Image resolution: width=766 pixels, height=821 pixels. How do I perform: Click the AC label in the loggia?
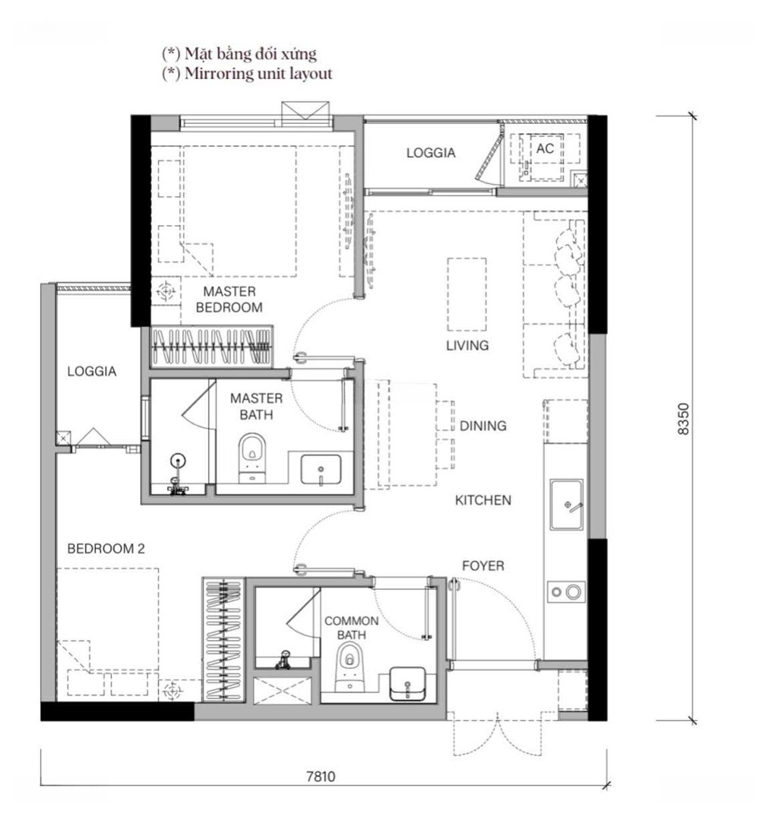(x=545, y=149)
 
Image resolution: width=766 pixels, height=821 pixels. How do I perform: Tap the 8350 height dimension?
(x=683, y=419)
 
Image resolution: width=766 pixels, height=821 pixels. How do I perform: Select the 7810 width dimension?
(x=321, y=776)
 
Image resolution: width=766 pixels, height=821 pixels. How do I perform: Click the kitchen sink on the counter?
(x=566, y=504)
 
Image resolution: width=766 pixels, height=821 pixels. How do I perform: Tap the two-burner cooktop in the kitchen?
(x=566, y=592)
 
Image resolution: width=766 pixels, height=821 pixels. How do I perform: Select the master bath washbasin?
(x=321, y=469)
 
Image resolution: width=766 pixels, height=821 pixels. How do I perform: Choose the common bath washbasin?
(x=407, y=684)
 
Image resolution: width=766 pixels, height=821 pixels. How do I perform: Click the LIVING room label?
(x=467, y=346)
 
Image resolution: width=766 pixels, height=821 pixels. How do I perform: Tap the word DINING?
(x=483, y=426)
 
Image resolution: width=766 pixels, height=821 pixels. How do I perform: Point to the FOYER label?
(x=483, y=566)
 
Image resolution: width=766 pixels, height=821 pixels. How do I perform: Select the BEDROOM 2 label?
(x=106, y=549)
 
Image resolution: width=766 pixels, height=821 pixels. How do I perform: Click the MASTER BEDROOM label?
(x=229, y=300)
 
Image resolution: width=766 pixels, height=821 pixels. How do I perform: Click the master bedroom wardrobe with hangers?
(x=211, y=346)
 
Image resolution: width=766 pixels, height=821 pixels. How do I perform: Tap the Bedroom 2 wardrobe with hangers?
(x=223, y=639)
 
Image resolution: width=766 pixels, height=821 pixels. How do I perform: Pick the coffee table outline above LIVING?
(x=467, y=294)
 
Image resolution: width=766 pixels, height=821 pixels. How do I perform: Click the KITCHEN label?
(x=483, y=500)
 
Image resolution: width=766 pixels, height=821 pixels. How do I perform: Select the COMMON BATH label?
(x=351, y=628)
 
